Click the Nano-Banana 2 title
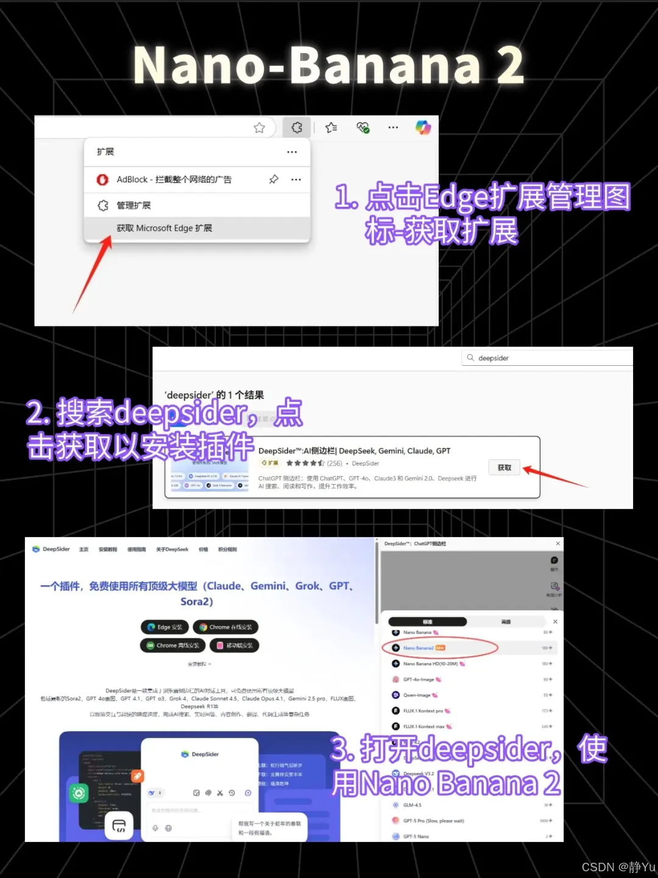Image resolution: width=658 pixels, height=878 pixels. click(328, 66)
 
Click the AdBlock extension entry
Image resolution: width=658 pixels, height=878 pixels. click(174, 179)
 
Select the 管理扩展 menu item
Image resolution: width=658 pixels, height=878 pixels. click(133, 205)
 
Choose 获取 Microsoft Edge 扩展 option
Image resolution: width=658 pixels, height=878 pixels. click(164, 228)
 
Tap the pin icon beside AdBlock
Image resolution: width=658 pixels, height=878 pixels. click(274, 179)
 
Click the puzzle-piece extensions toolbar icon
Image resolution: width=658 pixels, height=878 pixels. click(297, 127)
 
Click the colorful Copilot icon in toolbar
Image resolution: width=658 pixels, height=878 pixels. click(423, 127)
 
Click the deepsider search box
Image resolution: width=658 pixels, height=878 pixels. click(548, 358)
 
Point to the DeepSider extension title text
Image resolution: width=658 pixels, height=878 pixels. click(354, 451)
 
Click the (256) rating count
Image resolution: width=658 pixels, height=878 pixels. click(334, 463)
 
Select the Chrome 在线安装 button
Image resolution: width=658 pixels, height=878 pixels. click(225, 627)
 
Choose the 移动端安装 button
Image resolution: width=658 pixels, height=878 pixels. click(235, 646)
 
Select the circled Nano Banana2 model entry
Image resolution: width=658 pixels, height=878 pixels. click(419, 648)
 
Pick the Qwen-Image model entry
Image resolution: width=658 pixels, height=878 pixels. click(417, 695)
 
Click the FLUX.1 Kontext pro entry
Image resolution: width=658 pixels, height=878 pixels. click(423, 711)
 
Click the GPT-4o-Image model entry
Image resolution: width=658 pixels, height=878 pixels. click(419, 679)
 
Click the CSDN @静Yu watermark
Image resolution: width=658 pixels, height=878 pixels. click(618, 867)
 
